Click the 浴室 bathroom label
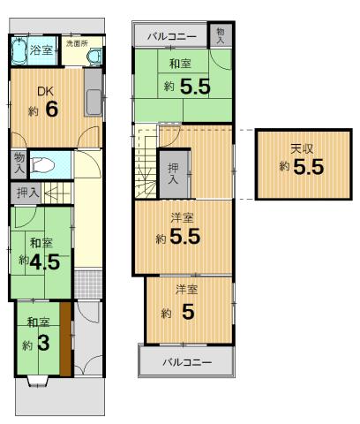tap(41, 50)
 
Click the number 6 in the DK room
tap(51, 110)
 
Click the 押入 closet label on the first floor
tap(27, 192)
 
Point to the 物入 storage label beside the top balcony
tap(221, 34)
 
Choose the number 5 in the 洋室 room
tap(188, 311)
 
